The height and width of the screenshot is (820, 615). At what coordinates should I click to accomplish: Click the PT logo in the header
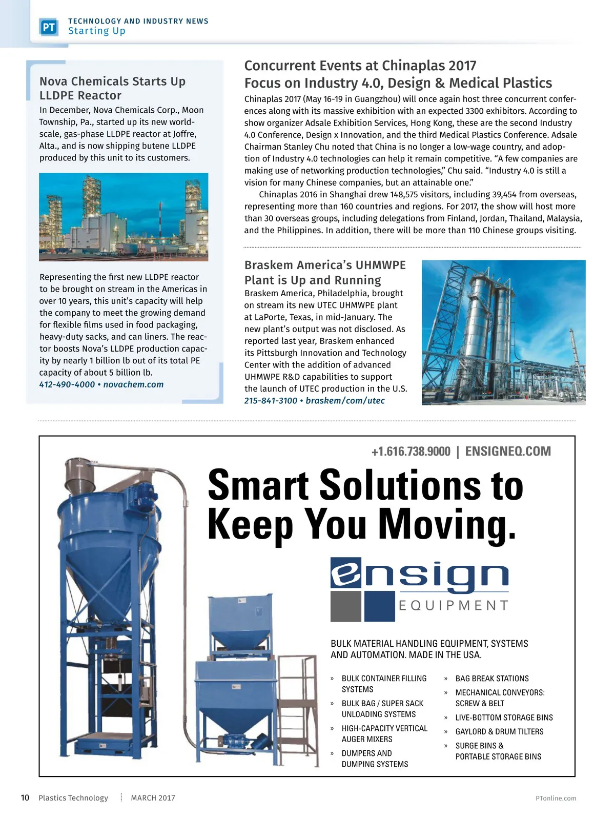coord(49,27)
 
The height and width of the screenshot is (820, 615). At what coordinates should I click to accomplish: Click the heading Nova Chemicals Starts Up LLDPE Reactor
coord(112,88)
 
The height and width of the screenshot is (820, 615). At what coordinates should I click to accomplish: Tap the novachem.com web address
coord(133,384)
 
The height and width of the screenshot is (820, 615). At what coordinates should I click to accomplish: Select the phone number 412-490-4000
coord(67,384)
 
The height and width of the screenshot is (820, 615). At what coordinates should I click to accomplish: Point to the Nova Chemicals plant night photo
coord(124,217)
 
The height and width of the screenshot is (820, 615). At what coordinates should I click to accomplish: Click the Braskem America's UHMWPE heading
coord(325,265)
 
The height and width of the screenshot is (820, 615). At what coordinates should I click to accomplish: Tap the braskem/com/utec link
coord(345,401)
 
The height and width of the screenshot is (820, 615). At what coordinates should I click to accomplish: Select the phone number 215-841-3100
coord(271,401)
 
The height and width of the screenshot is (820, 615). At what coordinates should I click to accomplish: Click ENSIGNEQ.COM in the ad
coord(508,452)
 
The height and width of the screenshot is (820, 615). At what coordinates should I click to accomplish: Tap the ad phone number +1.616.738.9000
coord(411,452)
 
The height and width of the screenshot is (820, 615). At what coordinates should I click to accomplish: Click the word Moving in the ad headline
coord(446,524)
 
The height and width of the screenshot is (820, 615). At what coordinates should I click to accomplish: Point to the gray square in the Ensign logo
coord(346,606)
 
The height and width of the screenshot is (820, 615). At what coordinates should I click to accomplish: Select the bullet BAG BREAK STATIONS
coord(491,679)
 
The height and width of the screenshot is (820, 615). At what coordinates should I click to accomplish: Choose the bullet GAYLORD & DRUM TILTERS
coord(499,732)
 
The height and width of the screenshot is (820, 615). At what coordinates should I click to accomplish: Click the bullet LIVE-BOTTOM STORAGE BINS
coord(504,717)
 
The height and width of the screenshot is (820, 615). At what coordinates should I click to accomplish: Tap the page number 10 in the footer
coord(25,798)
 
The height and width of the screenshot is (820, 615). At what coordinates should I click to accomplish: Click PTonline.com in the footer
coord(556,798)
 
